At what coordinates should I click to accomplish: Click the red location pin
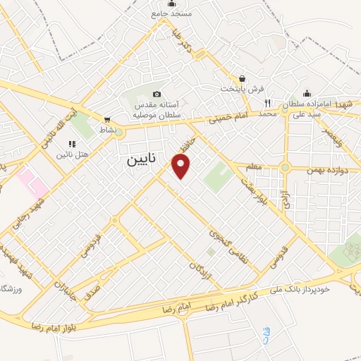[x=182, y=167]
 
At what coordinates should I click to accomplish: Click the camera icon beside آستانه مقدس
[x=157, y=94]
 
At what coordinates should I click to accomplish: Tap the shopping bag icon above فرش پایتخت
[x=243, y=79]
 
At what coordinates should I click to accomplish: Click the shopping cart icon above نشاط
[x=106, y=119]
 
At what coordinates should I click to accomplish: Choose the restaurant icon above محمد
[x=267, y=102]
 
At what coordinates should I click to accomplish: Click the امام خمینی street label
[x=221, y=118]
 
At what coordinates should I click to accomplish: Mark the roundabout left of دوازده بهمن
[x=285, y=167]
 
